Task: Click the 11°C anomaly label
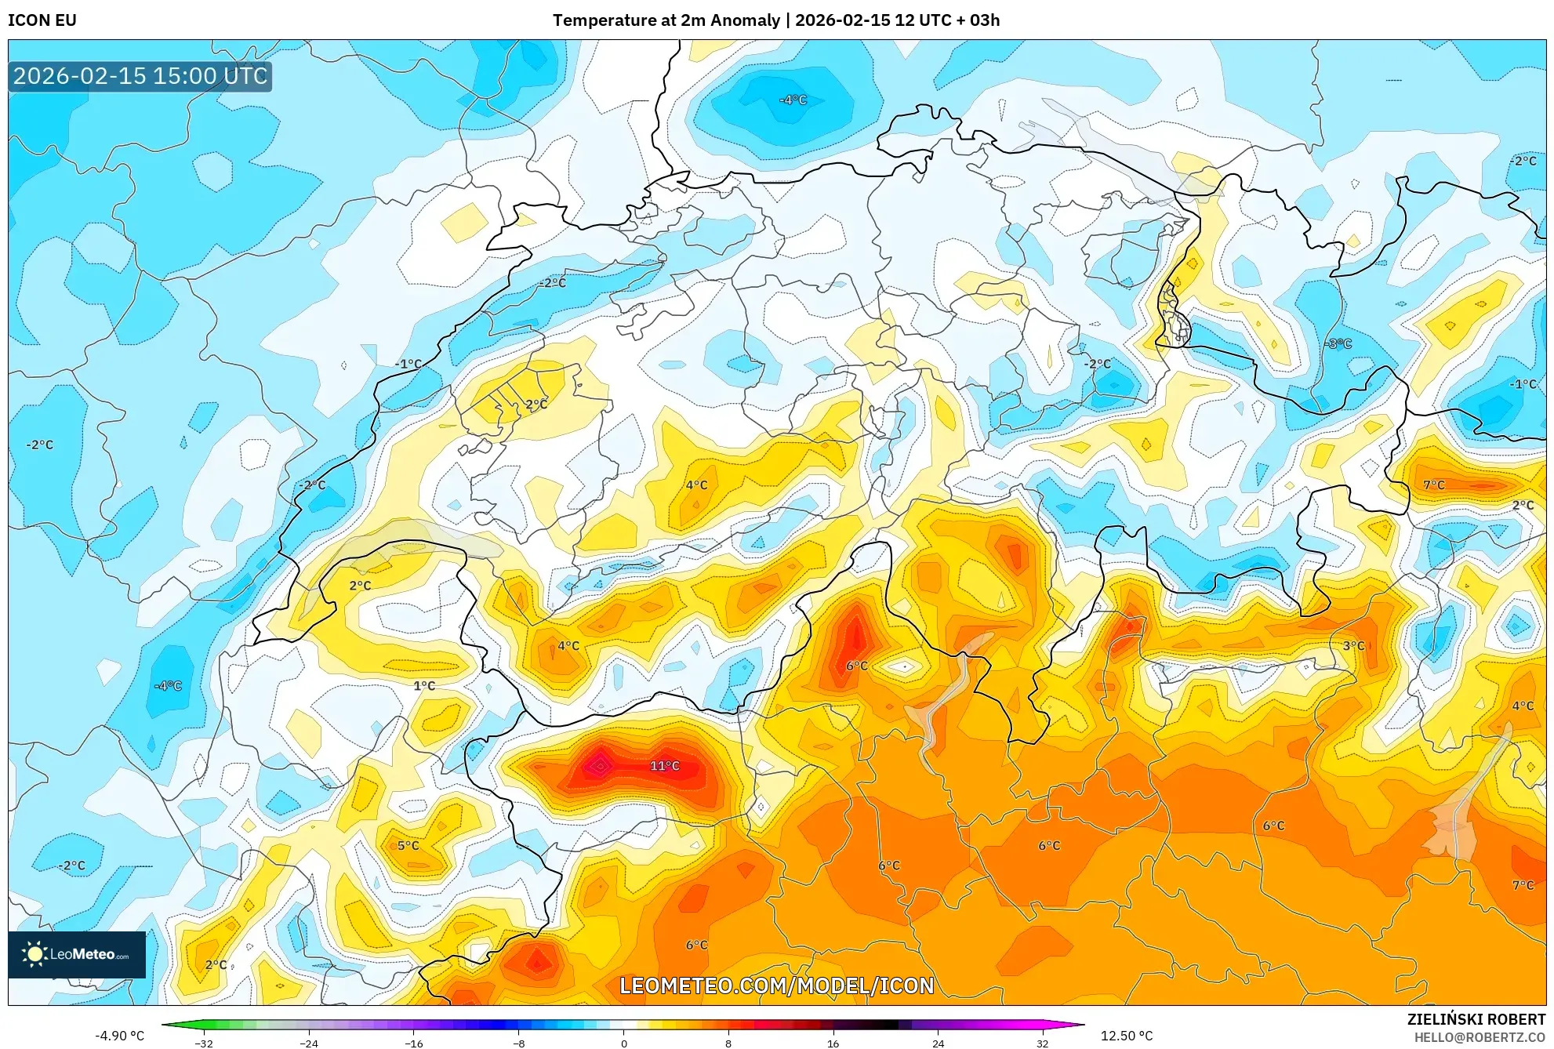[x=664, y=766]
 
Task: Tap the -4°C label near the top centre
[x=793, y=100]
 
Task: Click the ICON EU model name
[x=42, y=20]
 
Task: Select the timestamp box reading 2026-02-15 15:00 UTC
[x=140, y=76]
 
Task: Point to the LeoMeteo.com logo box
[x=77, y=954]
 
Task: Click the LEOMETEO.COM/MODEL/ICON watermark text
[x=776, y=985]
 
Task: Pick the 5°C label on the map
[x=408, y=845]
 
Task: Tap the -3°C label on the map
[x=1338, y=343]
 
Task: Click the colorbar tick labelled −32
[x=204, y=1043]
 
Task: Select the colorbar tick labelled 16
[x=833, y=1043]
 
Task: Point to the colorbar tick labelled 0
[x=624, y=1043]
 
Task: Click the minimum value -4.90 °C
[x=119, y=1036]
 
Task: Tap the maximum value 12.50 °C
[x=1127, y=1036]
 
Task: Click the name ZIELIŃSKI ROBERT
[x=1476, y=1019]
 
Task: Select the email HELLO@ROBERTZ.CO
[x=1479, y=1037]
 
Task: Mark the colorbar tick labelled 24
[x=938, y=1043]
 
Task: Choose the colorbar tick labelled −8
[x=519, y=1043]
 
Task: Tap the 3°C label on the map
[x=1353, y=646]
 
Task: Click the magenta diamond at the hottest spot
[x=600, y=766]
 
